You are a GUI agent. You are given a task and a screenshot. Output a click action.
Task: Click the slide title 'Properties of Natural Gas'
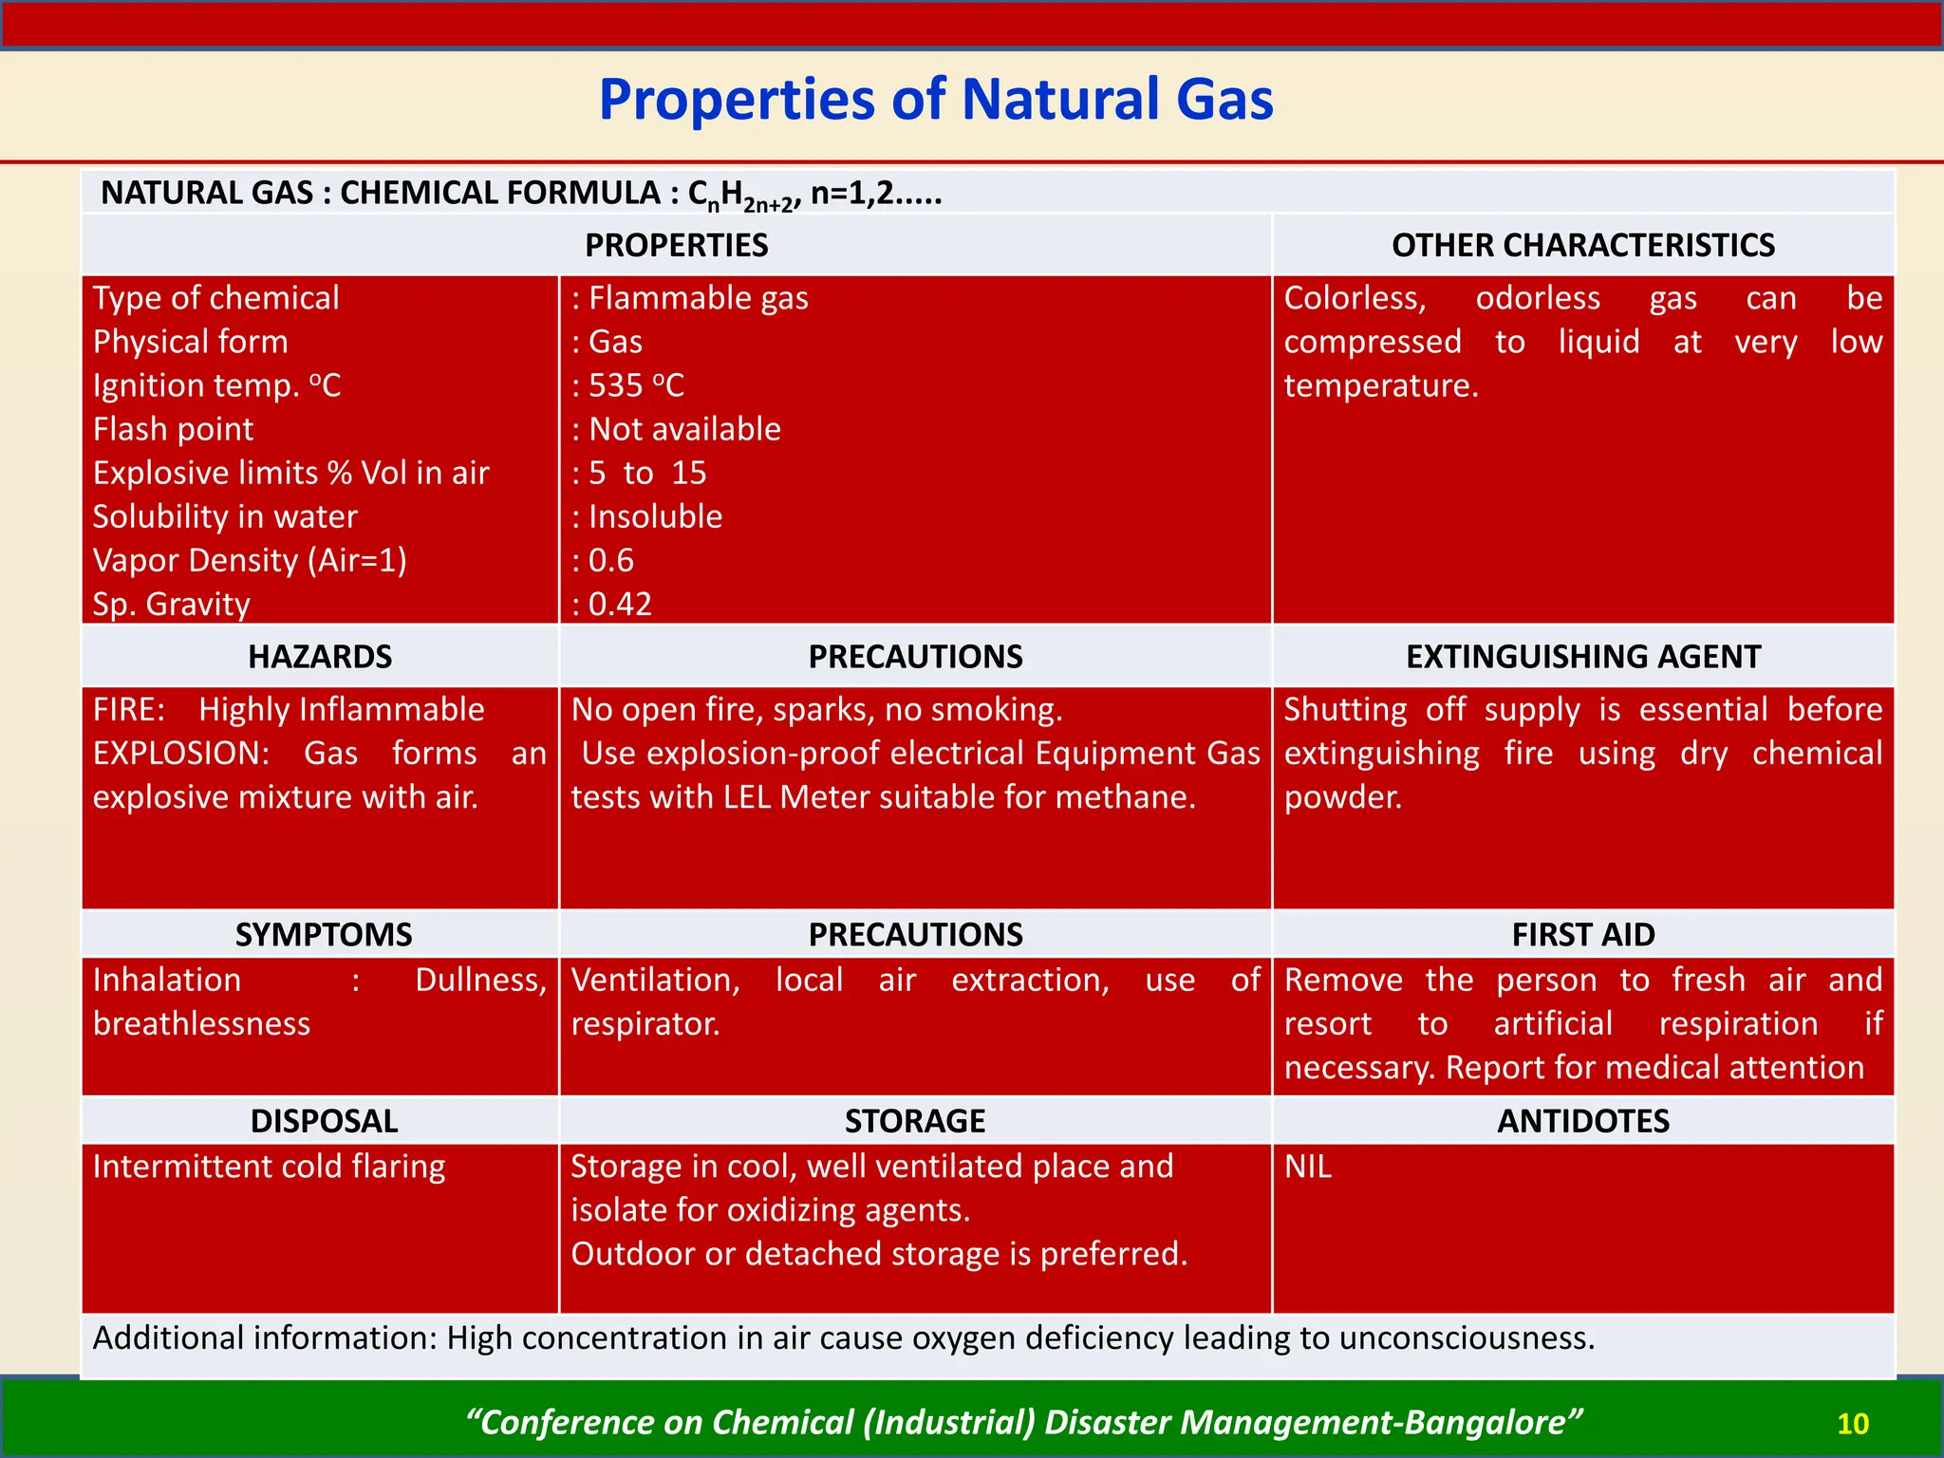pyautogui.click(x=935, y=100)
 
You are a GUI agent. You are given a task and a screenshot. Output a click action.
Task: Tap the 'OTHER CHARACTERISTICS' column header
pyautogui.click(x=1582, y=246)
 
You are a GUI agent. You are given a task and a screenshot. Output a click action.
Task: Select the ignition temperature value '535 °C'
pyautogui.click(x=636, y=385)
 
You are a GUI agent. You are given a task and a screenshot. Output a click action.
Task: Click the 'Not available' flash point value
pyautogui.click(x=684, y=429)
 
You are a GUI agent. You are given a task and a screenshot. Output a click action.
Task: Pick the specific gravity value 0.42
pyautogui.click(x=620, y=604)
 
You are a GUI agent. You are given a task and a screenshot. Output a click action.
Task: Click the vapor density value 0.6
pyautogui.click(x=610, y=560)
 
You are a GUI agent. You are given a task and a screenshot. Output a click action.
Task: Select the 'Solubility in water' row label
pyautogui.click(x=225, y=516)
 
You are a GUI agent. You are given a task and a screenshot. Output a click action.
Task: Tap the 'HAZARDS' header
pyautogui.click(x=320, y=657)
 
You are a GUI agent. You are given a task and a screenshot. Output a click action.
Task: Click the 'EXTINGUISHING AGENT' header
pyautogui.click(x=1582, y=657)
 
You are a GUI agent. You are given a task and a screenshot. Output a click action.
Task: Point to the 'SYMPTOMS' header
pyautogui.click(x=324, y=935)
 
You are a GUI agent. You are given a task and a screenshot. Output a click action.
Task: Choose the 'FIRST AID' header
pyautogui.click(x=1582, y=935)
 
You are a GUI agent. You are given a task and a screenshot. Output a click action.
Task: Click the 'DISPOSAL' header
pyautogui.click(x=324, y=1121)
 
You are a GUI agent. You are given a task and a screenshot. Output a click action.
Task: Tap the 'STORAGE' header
pyautogui.click(x=915, y=1121)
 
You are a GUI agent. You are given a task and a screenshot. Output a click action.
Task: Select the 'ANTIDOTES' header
pyautogui.click(x=1582, y=1121)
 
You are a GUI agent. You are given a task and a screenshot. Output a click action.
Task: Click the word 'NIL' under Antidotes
pyautogui.click(x=1308, y=1167)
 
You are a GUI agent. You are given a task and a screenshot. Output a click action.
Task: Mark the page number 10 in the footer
pyautogui.click(x=1852, y=1424)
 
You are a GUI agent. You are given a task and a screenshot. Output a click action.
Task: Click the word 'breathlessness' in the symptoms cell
pyautogui.click(x=201, y=1024)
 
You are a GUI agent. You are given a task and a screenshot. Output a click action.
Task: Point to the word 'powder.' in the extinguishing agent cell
pyautogui.click(x=1342, y=797)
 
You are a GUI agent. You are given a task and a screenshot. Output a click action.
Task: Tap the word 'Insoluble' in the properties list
pyautogui.click(x=655, y=516)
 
